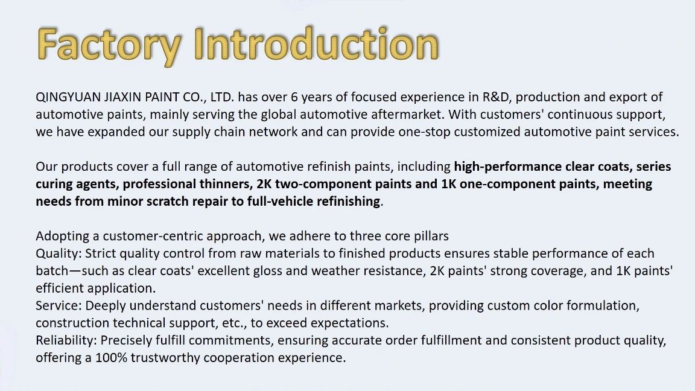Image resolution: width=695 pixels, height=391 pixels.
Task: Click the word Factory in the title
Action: [x=109, y=45]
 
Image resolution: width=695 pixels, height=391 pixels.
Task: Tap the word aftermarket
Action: [x=408, y=115]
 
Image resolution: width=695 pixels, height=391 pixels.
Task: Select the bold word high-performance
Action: [x=508, y=167]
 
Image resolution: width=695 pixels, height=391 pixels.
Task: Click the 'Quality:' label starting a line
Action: [x=59, y=253]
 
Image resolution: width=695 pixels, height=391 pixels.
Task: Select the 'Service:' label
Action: [x=59, y=305]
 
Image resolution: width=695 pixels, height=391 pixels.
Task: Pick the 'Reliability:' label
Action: [x=66, y=340]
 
